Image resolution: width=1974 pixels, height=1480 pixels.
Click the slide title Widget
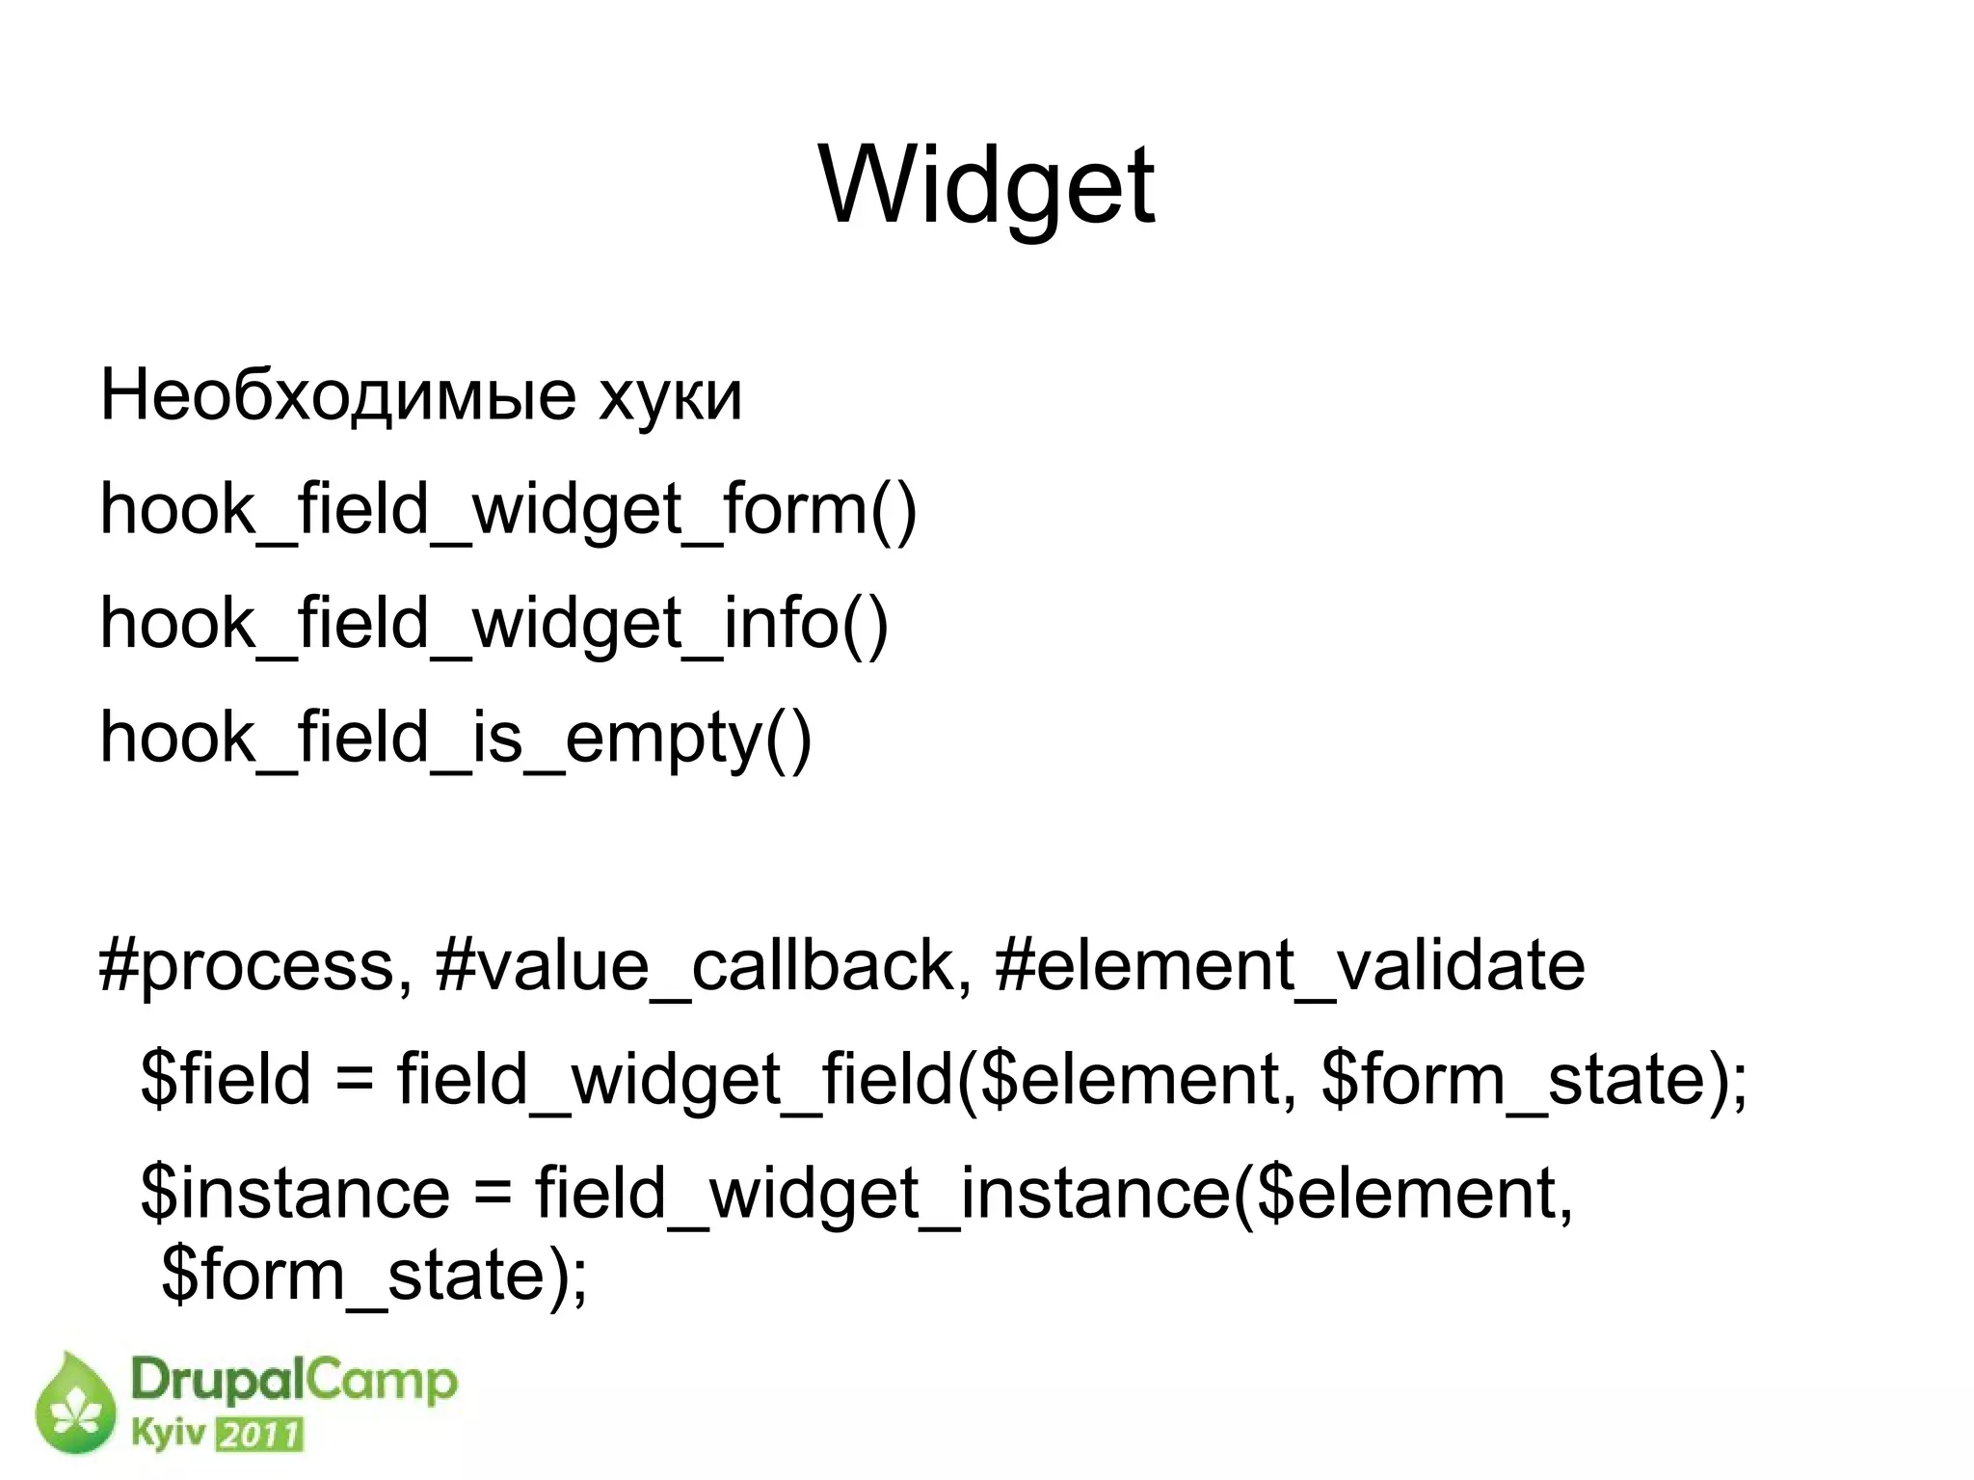986,185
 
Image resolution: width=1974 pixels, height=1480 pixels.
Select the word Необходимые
337,395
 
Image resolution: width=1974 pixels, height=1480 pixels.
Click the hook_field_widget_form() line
508,510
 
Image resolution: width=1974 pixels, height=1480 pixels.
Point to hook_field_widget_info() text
493,624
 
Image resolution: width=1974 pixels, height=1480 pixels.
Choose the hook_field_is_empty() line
456,739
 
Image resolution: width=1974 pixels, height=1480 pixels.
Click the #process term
255,966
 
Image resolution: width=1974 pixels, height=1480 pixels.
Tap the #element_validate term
1289,966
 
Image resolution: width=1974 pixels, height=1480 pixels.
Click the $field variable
226,1079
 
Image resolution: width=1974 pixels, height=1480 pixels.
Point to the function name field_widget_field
676,1079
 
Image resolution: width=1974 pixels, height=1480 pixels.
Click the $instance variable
295,1194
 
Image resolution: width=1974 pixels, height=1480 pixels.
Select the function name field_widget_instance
883,1194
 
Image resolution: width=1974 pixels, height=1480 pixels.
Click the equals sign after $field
354,1081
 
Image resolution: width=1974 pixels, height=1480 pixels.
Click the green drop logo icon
75,1405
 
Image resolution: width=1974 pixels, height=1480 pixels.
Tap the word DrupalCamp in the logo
293,1382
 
